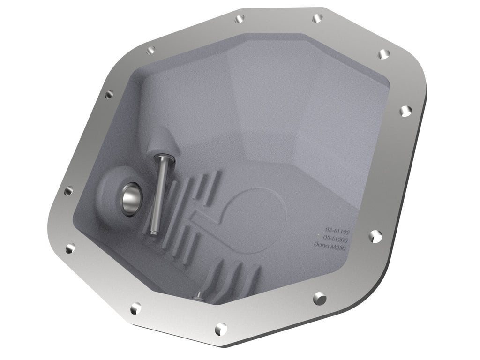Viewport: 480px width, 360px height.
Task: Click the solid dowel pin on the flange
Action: coord(320,297)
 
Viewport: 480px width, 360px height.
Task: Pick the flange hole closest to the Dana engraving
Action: coord(374,236)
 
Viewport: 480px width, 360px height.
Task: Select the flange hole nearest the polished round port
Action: coord(68,190)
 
